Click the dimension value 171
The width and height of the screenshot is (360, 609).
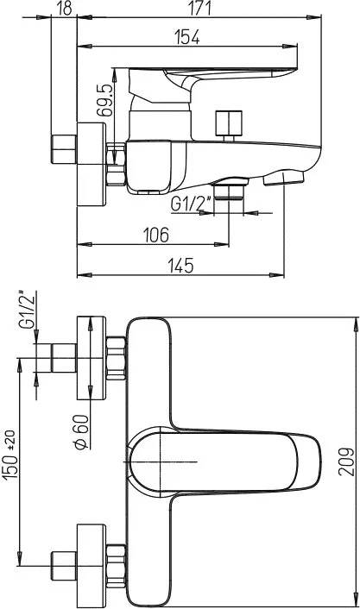coord(199,8)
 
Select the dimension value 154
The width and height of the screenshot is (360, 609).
coord(186,37)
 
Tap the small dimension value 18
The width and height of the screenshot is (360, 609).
coord(64,8)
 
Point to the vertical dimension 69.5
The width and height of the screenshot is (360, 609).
coord(105,100)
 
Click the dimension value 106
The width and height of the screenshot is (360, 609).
coord(156,235)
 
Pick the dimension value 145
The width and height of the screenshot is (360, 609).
coord(180,266)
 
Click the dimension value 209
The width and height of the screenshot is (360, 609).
coord(346,461)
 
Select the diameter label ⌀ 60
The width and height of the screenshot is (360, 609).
coord(81,432)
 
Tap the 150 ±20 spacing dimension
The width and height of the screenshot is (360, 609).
coord(10,455)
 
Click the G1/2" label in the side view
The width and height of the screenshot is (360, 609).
coord(191,204)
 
